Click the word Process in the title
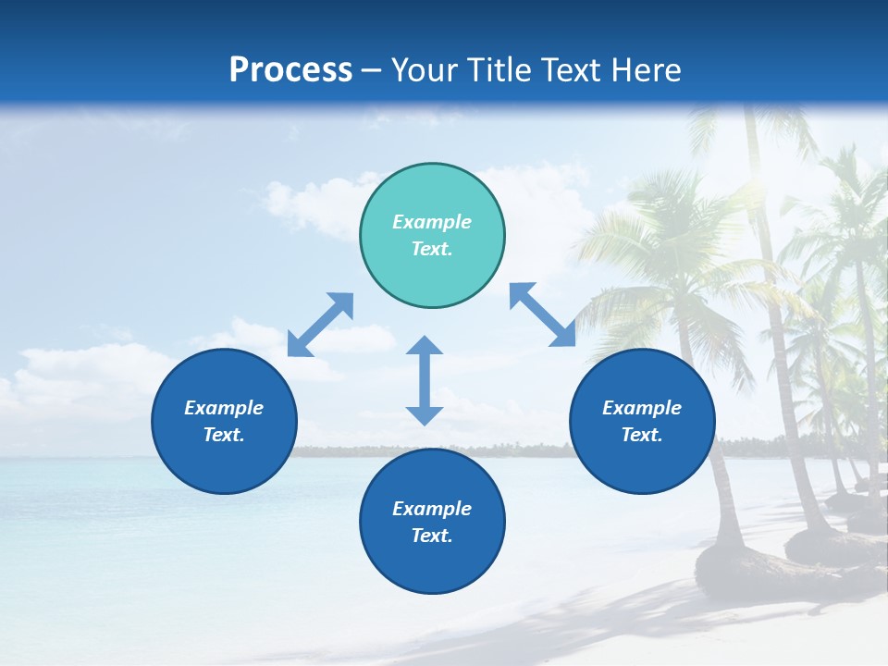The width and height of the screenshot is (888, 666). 290,70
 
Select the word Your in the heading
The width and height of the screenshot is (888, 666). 425,70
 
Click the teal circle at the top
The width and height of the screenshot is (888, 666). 432,236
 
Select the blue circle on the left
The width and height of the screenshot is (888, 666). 224,421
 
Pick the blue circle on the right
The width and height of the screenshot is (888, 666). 642,421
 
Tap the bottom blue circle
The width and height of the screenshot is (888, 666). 432,522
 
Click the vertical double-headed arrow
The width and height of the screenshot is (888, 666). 425,380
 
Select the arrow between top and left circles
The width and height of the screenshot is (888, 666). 320,325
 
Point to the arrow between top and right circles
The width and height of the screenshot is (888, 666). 542,314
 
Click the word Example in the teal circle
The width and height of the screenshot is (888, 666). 432,222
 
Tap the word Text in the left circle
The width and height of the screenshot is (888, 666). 224,435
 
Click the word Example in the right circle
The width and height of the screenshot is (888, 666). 642,408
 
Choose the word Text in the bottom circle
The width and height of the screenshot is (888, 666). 432,536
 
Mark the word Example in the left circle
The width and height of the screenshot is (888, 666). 224,408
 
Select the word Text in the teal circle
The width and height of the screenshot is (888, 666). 432,249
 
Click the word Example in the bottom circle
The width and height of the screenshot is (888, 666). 432,509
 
